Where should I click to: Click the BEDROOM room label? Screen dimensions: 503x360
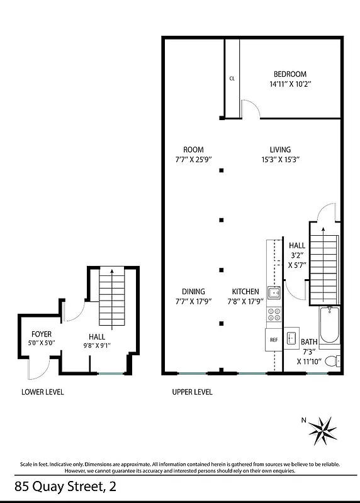point(290,72)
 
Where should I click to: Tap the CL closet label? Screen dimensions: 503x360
point(232,79)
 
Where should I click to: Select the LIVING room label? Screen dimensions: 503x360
point(280,150)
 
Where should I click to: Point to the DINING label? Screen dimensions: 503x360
point(193,292)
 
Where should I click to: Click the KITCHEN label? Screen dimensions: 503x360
point(245,292)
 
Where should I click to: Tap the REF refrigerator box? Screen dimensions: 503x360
point(274,340)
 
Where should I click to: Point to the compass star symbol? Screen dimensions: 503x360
point(325,431)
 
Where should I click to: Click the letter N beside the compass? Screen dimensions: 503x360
point(303,421)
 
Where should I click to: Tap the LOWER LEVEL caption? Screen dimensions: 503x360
point(43,392)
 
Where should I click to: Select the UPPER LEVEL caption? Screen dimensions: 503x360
point(192,392)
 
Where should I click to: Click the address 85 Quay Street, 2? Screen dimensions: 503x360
point(65,486)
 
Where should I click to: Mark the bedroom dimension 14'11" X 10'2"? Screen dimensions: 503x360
point(290,83)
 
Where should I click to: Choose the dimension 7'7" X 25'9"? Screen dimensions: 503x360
point(193,160)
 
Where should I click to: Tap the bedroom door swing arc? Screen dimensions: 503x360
point(250,108)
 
